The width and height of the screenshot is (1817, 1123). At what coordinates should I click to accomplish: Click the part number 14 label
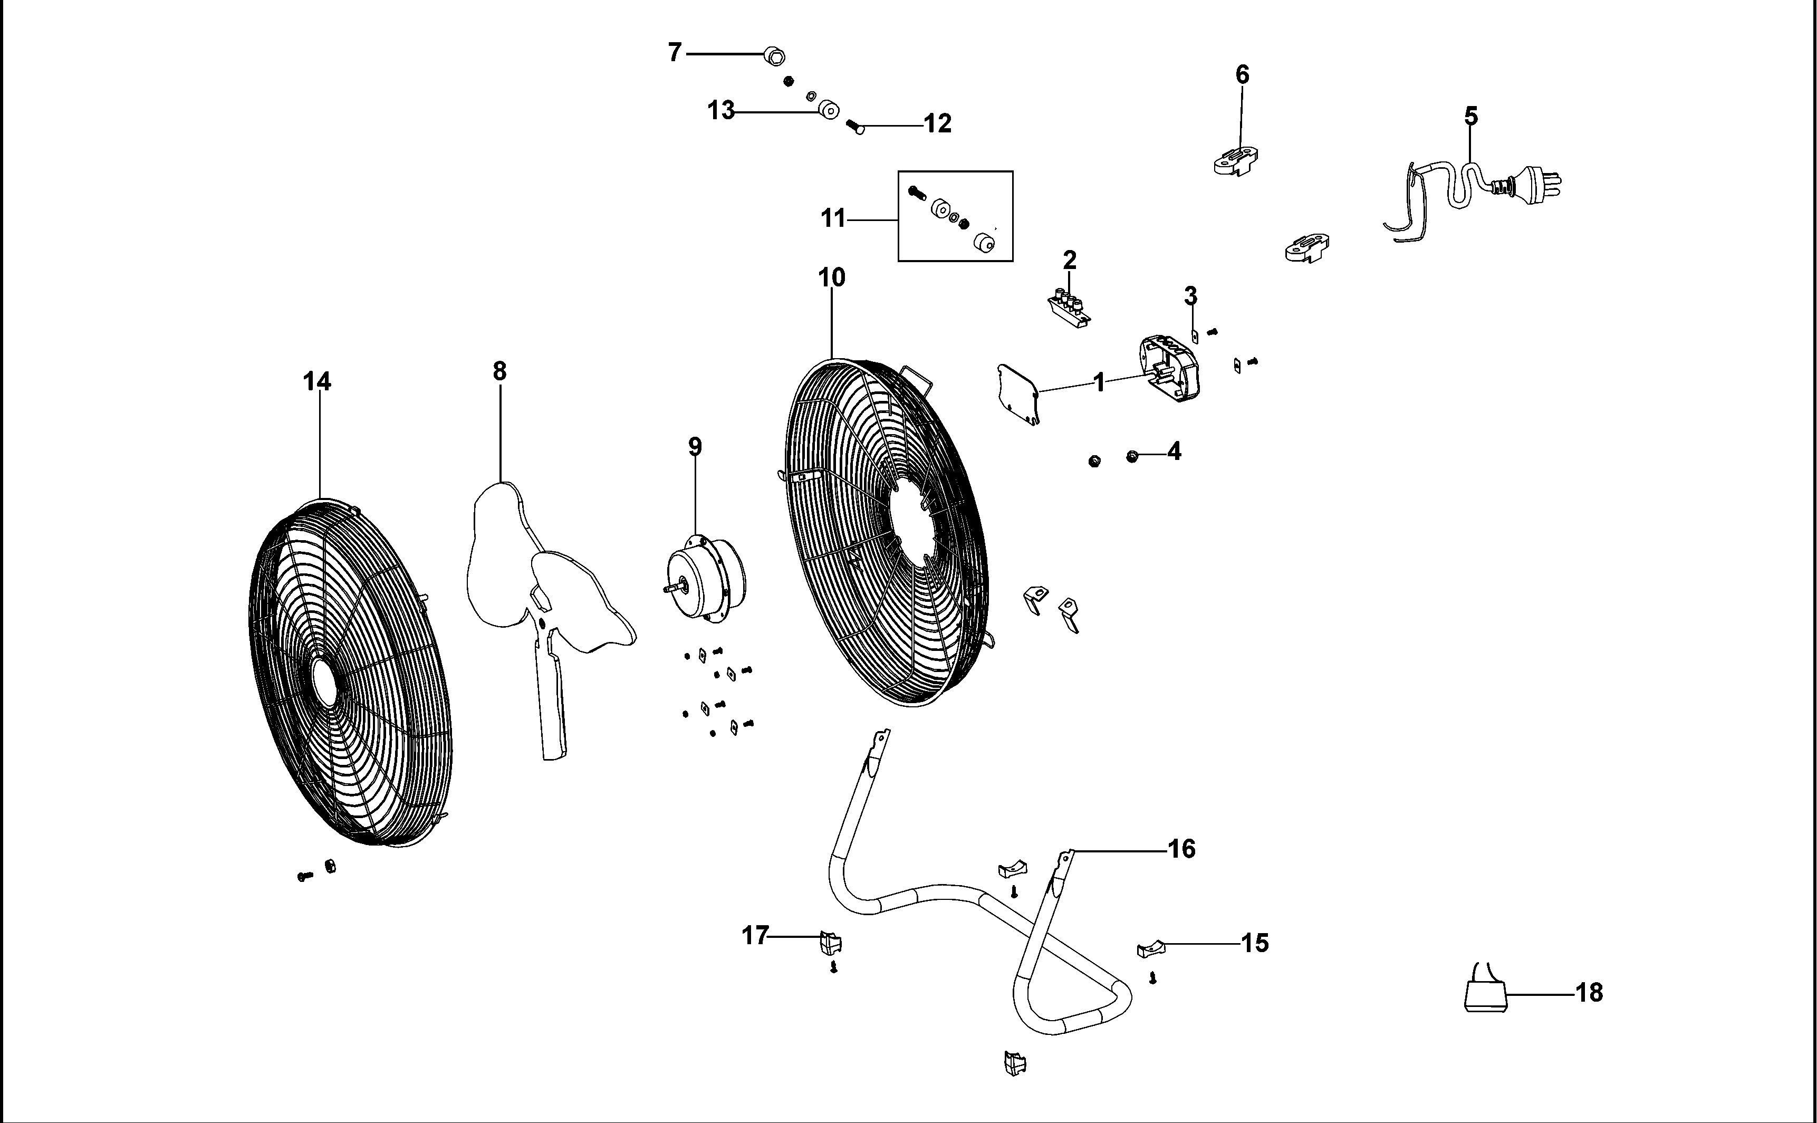[317, 382]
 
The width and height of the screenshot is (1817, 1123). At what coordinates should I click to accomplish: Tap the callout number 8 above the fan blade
[499, 371]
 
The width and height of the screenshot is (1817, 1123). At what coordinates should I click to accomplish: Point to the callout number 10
[832, 278]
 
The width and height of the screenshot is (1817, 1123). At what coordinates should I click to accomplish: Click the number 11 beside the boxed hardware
[834, 219]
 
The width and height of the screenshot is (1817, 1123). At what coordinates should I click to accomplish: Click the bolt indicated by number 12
[856, 128]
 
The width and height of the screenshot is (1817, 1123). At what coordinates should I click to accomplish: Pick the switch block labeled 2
[1069, 309]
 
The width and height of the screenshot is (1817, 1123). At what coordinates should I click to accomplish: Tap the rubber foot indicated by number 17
[830, 942]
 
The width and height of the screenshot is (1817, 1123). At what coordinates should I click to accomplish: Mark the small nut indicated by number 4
[1132, 456]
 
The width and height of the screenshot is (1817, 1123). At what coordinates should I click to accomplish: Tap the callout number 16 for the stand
[1182, 849]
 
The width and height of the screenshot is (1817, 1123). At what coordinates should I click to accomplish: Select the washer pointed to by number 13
[828, 111]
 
